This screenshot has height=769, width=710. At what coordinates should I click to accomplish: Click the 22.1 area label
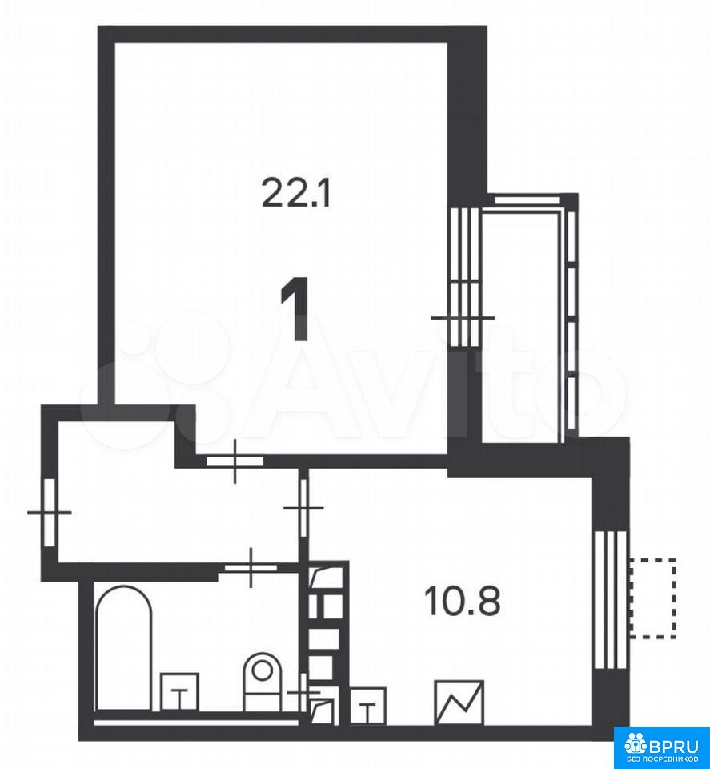(x=296, y=192)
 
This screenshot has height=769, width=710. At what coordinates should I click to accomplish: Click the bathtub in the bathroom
(x=123, y=647)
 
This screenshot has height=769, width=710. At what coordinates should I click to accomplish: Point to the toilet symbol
(x=263, y=681)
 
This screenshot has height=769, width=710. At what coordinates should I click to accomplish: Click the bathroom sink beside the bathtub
(x=180, y=691)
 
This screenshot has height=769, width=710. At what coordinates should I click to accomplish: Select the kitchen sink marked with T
(x=368, y=705)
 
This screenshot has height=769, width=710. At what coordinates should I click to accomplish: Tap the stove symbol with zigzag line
(x=459, y=703)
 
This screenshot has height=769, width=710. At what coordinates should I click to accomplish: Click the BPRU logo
(x=661, y=747)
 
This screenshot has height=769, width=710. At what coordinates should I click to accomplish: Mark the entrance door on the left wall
(x=50, y=512)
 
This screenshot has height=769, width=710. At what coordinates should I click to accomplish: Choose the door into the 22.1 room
(x=235, y=461)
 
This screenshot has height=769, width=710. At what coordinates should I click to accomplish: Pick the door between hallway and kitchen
(x=304, y=507)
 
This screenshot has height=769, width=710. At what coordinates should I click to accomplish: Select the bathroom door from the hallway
(x=251, y=567)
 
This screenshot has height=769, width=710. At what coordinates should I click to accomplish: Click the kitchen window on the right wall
(x=610, y=601)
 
